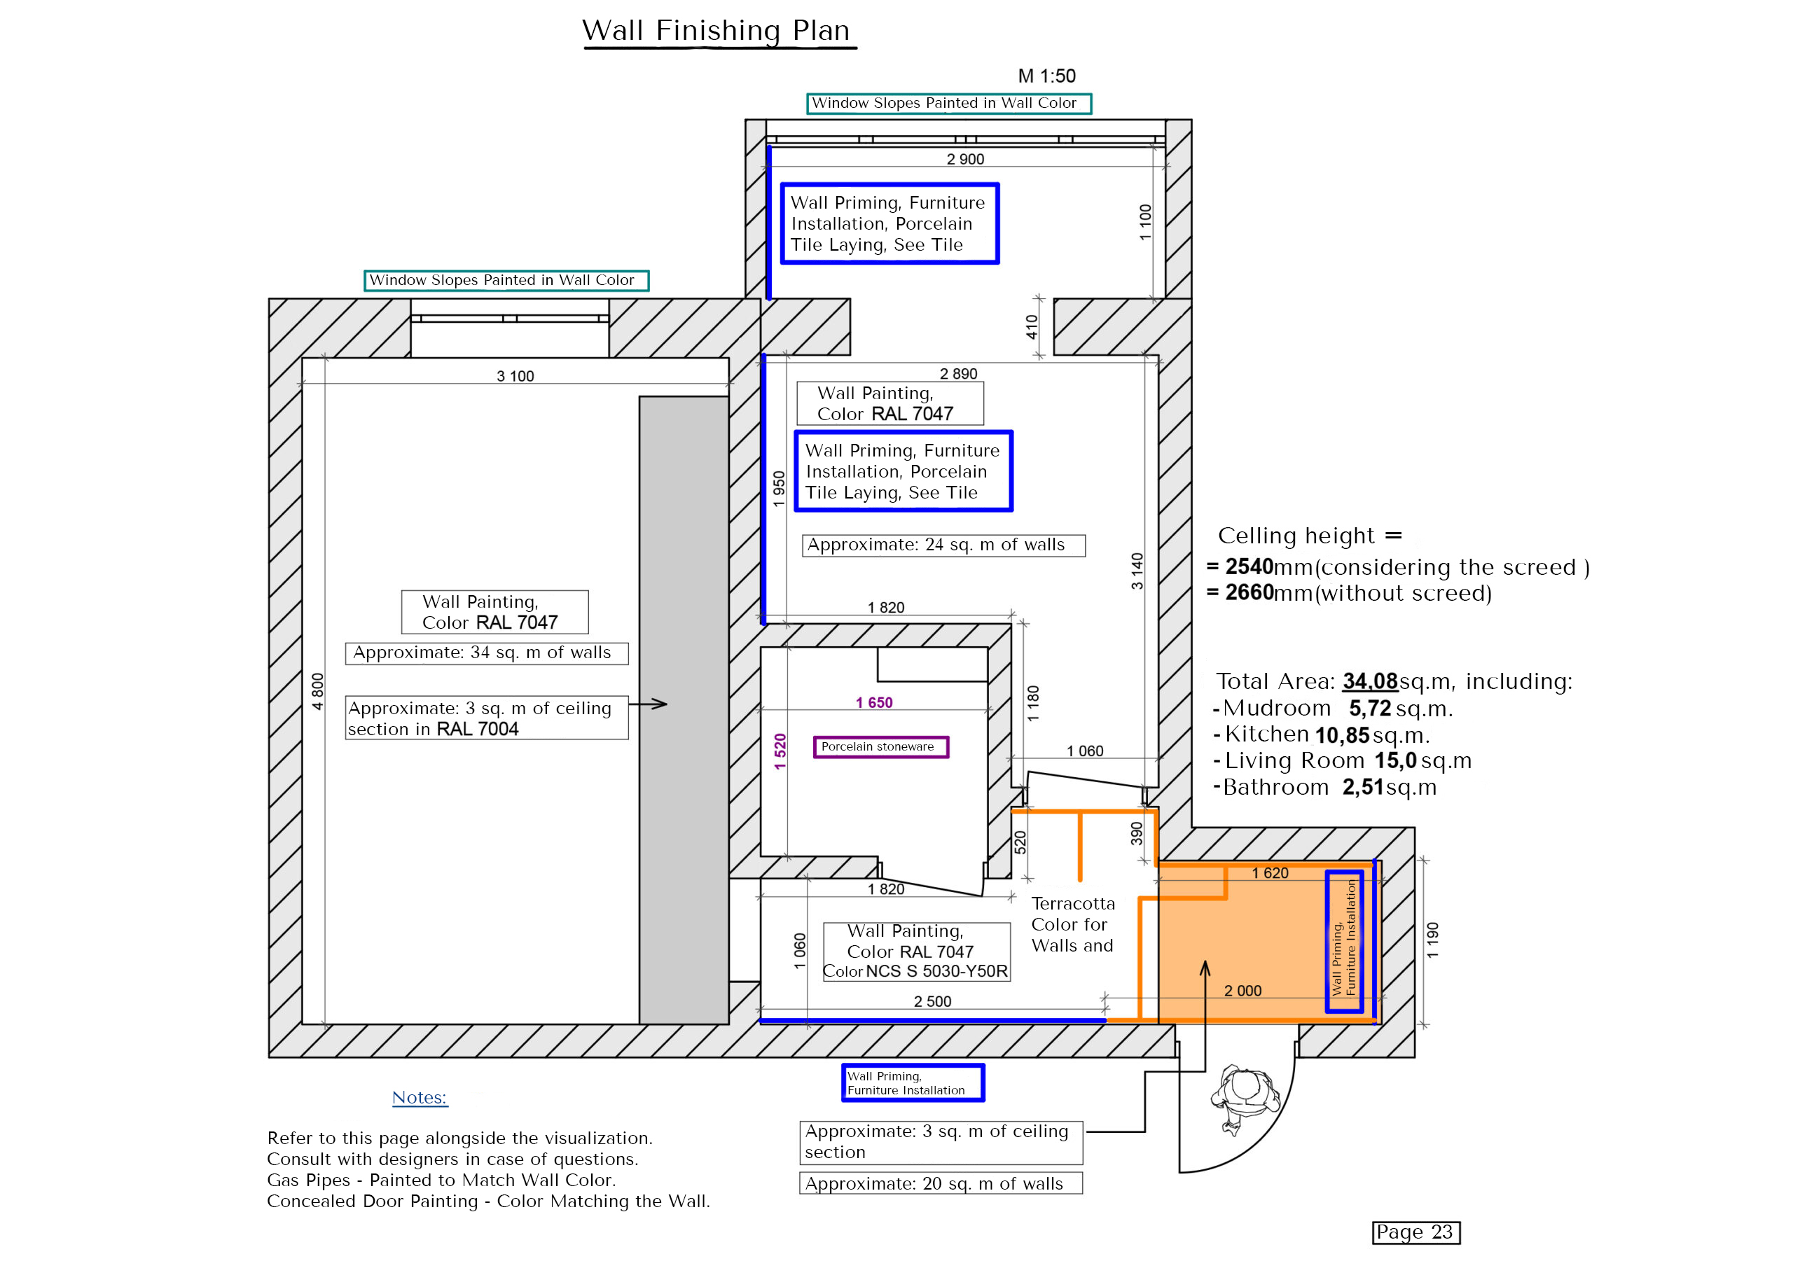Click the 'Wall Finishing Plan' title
pos(715,30)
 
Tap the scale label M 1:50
pos(1046,76)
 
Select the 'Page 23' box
pos(1415,1232)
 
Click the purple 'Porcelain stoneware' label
pos(880,746)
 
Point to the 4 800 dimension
pos(317,691)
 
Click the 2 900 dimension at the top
pos(965,159)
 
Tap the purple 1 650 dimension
pos(874,703)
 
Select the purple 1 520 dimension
pos(780,751)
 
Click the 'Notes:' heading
pos(420,1097)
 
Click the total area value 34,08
pos(1370,681)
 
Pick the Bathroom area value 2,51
pos(1363,787)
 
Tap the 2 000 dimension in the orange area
pos(1242,991)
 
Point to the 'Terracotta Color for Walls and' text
pos(1072,924)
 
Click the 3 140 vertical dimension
pos(1137,571)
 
